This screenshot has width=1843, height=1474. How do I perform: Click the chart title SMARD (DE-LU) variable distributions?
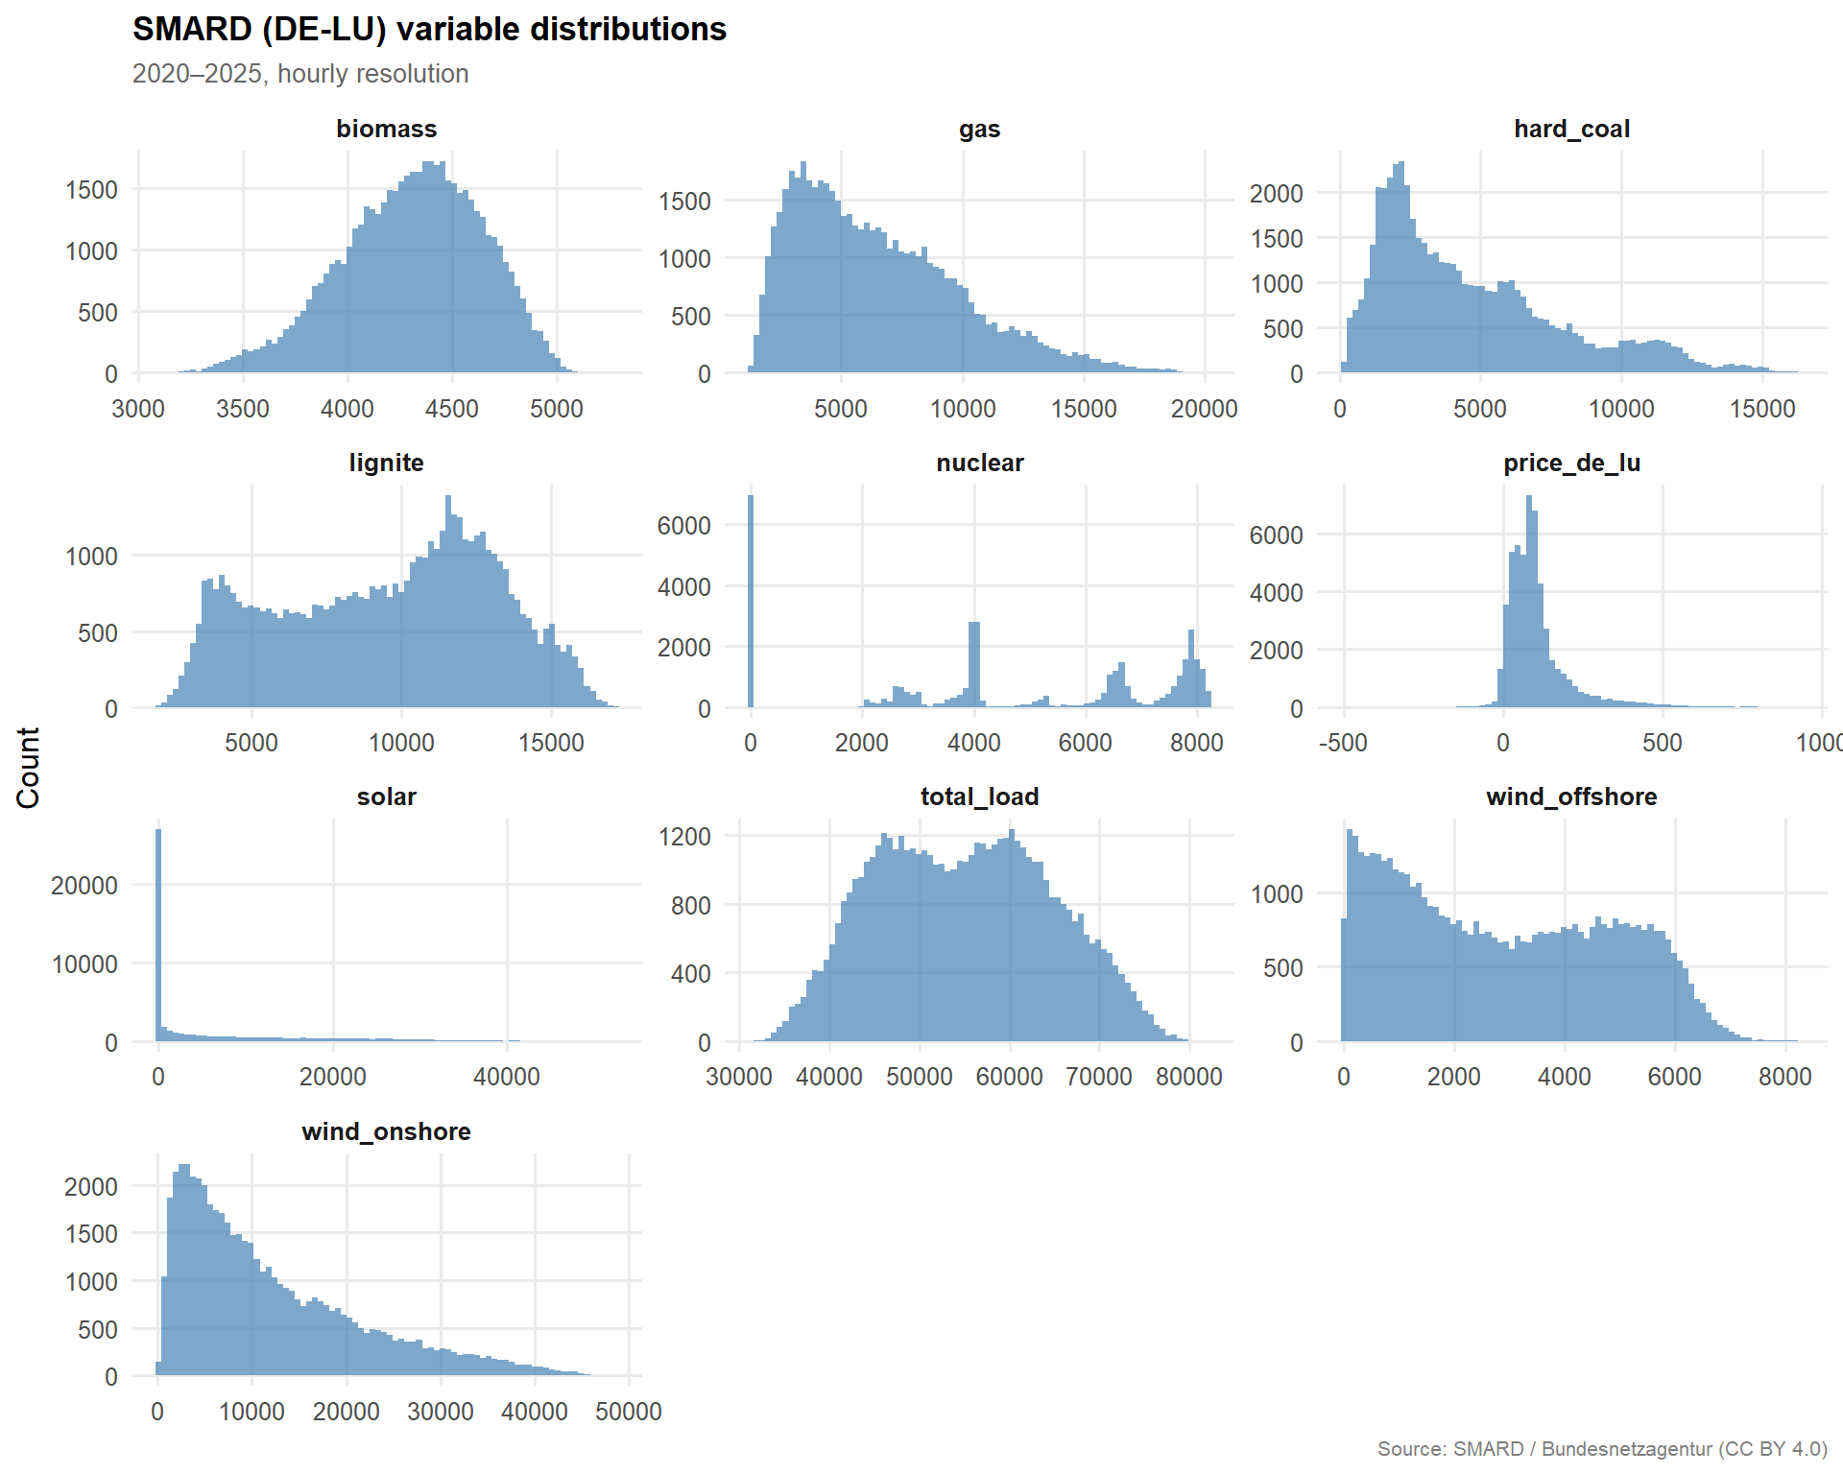click(429, 30)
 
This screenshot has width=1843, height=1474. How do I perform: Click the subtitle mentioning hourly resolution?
click(300, 74)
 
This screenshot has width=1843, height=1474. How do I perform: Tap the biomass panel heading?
click(386, 129)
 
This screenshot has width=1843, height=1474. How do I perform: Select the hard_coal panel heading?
click(1571, 129)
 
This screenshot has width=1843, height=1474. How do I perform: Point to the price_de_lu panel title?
click(1571, 463)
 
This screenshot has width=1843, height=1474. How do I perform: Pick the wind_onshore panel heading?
click(386, 1131)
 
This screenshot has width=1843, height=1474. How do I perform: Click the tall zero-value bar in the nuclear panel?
click(751, 602)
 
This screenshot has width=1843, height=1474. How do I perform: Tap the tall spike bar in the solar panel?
click(158, 936)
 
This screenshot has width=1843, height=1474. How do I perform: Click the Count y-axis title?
click(29, 768)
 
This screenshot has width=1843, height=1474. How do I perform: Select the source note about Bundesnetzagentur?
click(1601, 1449)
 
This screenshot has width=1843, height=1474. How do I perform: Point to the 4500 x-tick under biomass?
click(451, 409)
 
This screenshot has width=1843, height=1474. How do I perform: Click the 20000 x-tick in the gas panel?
click(1204, 409)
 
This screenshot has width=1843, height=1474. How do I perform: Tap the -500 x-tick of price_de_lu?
click(1343, 743)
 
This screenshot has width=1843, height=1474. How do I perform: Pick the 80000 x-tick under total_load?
click(1188, 1077)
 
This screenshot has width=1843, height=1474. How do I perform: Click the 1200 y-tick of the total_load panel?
click(684, 837)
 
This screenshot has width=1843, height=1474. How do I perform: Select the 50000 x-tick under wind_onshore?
click(628, 1412)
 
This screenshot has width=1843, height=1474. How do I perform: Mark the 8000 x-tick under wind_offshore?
click(1784, 1077)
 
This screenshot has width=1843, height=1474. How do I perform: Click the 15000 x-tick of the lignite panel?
click(551, 743)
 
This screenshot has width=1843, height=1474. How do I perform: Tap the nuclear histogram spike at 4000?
click(974, 665)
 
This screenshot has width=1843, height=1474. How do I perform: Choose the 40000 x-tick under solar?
click(506, 1077)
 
